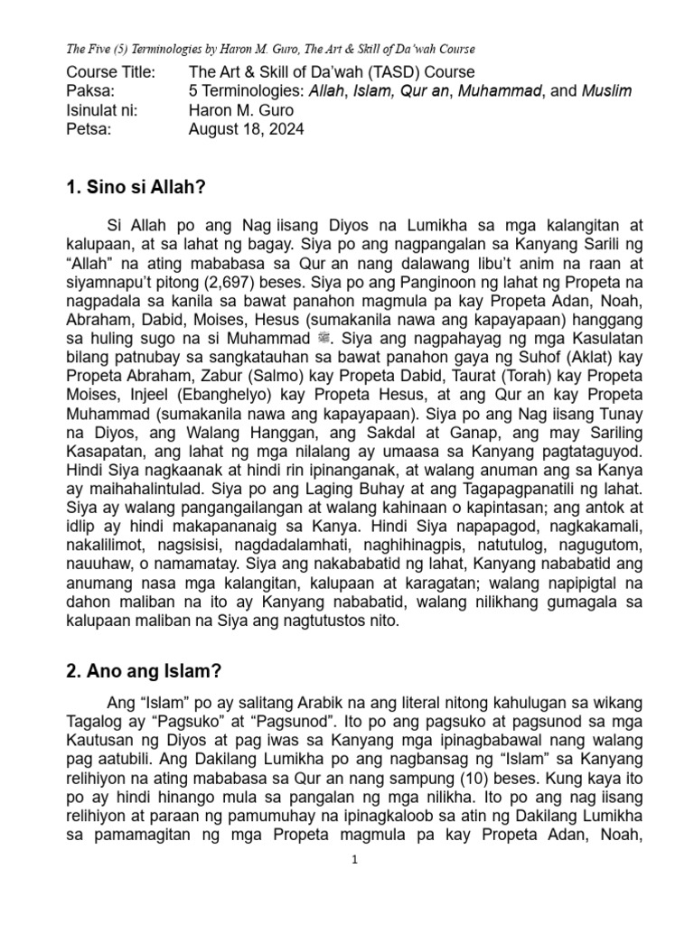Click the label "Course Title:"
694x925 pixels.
click(x=111, y=71)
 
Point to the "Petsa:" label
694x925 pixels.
click(x=89, y=128)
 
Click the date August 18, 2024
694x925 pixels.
click(x=246, y=128)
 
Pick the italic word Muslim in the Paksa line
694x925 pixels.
click(x=607, y=90)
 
